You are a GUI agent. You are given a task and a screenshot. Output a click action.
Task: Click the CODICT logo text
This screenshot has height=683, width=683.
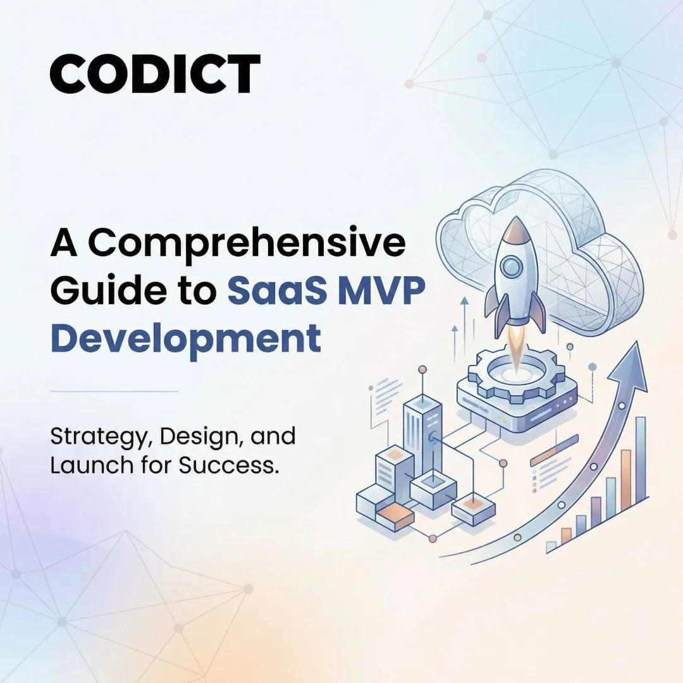(155, 74)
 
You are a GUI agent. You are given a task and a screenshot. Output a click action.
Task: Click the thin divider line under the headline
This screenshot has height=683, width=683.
(114, 391)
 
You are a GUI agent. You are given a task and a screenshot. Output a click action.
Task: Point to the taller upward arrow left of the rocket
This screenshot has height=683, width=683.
(464, 323)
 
